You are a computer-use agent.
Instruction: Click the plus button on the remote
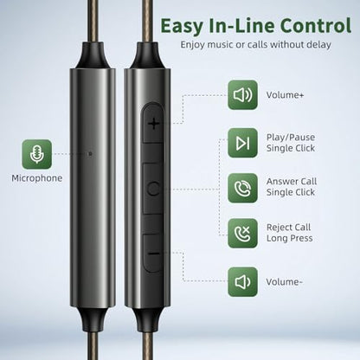click(x=153, y=123)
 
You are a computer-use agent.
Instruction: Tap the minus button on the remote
click(x=154, y=254)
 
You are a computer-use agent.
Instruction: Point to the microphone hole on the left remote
click(x=90, y=154)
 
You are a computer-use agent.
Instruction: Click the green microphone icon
click(x=37, y=154)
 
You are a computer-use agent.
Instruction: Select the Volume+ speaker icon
click(x=242, y=95)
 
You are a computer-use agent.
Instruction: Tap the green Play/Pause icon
click(x=242, y=143)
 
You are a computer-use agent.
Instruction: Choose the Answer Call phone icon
click(x=242, y=188)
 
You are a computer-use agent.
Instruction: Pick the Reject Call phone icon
click(x=242, y=234)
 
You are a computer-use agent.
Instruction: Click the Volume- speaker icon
click(x=242, y=282)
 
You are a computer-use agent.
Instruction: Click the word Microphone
click(x=37, y=178)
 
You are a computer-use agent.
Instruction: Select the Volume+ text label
click(x=285, y=95)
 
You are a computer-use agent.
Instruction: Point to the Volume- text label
click(x=284, y=282)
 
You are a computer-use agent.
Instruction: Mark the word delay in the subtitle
click(x=319, y=45)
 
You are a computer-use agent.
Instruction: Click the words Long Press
click(x=290, y=238)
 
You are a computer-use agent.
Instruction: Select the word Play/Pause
click(x=291, y=138)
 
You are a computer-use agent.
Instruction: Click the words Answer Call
click(x=292, y=182)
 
